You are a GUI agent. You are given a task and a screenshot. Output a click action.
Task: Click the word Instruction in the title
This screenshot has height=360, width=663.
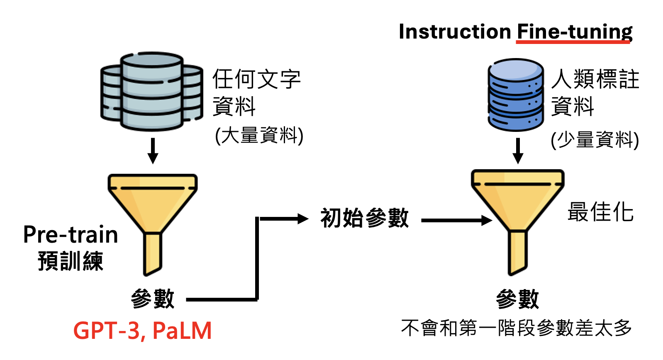click(455, 32)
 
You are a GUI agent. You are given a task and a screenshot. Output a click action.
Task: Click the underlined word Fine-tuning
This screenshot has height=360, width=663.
click(574, 32)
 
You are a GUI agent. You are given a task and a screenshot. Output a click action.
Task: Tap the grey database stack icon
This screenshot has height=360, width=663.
click(152, 91)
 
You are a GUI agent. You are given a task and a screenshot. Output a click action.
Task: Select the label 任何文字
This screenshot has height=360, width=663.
click(256, 79)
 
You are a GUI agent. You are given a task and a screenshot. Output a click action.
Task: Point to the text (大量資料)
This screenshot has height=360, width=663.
click(259, 135)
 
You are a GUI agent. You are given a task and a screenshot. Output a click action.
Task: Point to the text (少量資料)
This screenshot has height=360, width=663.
click(595, 139)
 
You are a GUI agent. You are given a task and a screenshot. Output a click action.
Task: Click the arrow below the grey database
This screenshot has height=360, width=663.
click(153, 151)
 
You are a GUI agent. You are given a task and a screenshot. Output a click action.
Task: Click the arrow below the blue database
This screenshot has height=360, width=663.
click(517, 151)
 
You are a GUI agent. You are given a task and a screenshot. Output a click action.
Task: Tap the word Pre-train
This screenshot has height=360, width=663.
click(71, 235)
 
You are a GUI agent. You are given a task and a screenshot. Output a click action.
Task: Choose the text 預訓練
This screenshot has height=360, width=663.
click(71, 261)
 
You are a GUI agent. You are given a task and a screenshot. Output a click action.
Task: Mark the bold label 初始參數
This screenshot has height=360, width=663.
click(364, 218)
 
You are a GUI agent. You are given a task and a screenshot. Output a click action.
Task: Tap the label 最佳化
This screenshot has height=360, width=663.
click(600, 212)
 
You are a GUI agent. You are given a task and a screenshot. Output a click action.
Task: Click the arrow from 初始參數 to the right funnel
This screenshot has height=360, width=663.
click(456, 220)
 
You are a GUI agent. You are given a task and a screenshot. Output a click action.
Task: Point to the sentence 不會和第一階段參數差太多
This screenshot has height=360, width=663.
click(516, 328)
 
